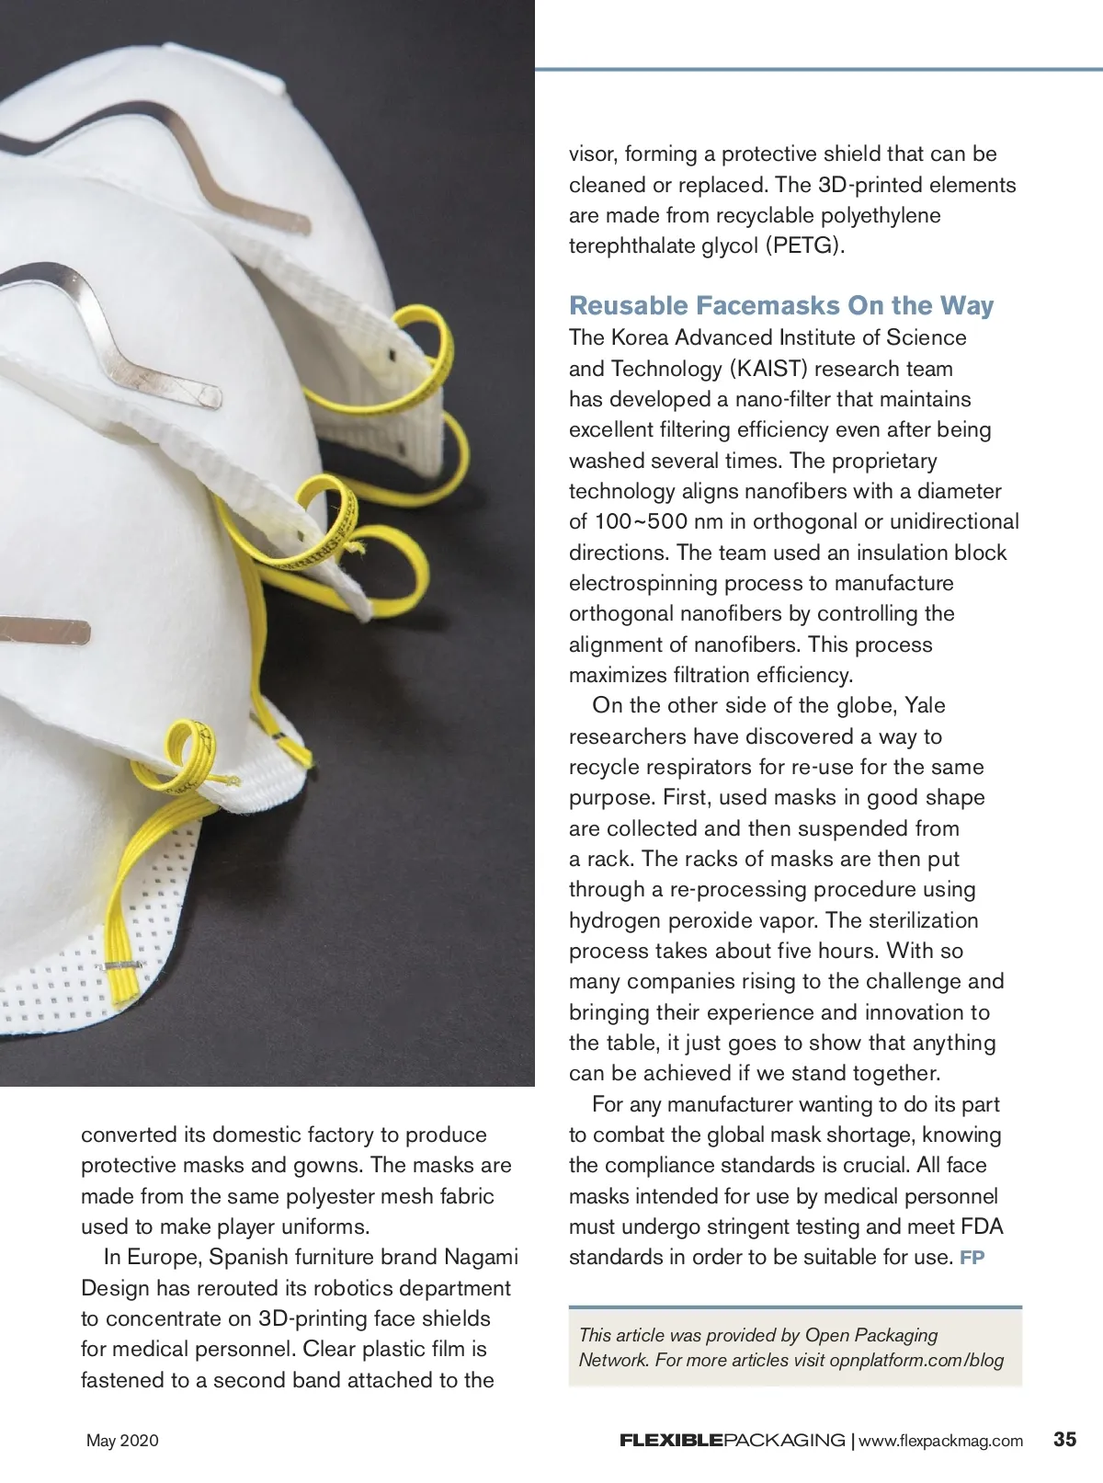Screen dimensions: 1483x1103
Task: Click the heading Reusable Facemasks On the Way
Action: click(780, 305)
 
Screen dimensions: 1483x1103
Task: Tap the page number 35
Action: click(1064, 1439)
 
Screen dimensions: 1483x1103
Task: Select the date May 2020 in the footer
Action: click(122, 1441)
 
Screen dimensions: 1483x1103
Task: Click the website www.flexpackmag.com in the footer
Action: click(940, 1441)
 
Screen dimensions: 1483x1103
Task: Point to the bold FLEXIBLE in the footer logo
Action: click(671, 1441)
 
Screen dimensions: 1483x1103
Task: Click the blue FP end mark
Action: click(972, 1258)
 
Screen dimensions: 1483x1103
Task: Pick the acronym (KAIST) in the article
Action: click(768, 369)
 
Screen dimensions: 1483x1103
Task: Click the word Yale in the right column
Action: click(925, 705)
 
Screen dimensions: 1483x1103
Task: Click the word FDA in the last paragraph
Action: click(982, 1226)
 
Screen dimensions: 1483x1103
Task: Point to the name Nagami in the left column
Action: click(481, 1257)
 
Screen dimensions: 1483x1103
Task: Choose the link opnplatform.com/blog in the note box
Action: click(916, 1360)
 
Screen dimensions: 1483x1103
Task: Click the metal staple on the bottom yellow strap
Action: click(123, 965)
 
